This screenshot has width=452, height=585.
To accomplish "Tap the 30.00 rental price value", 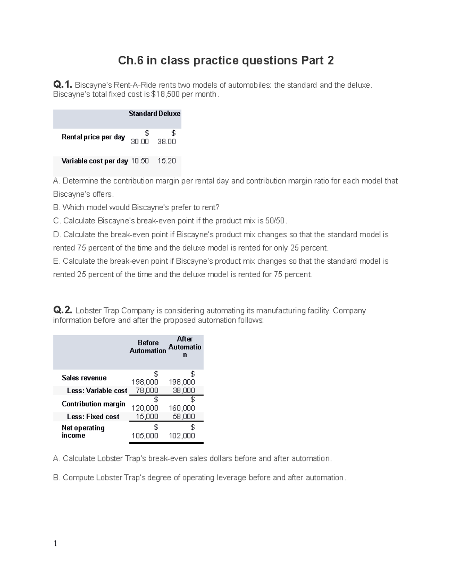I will click(x=140, y=142).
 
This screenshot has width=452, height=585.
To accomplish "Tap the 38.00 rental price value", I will click(x=166, y=142).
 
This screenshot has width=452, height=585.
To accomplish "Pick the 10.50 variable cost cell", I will click(x=140, y=161).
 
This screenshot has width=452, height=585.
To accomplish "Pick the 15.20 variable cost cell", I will click(x=166, y=161).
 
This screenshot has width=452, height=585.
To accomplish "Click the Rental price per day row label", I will click(x=93, y=137).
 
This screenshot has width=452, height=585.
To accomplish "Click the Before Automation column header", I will click(x=148, y=347).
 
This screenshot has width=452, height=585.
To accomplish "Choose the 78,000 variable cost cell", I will click(x=147, y=391).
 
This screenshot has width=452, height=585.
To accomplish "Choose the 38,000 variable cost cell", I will click(x=184, y=391).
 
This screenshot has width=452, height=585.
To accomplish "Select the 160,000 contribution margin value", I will click(x=182, y=408).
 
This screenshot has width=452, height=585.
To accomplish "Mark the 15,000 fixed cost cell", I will click(x=147, y=417).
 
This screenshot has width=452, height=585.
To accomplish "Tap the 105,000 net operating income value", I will click(x=145, y=436).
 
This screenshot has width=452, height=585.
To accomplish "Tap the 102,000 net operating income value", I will click(x=182, y=436).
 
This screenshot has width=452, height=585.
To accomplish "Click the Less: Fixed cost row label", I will click(x=93, y=417).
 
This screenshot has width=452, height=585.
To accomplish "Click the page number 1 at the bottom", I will click(x=55, y=543).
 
